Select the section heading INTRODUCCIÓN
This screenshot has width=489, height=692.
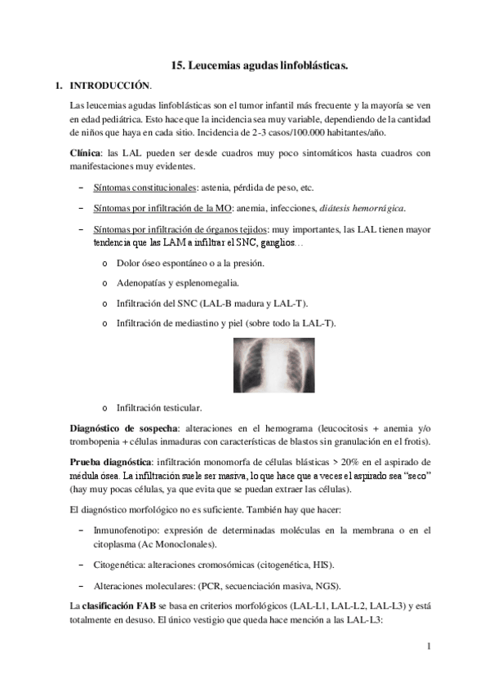point(110,85)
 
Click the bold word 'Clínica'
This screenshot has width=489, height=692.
point(86,153)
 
